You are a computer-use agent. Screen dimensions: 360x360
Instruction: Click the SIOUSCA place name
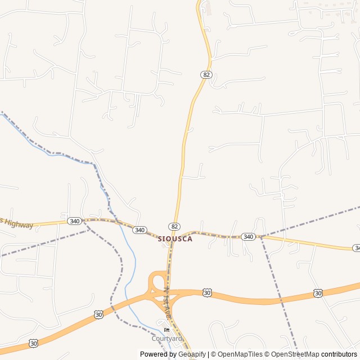pyautogui.click(x=175, y=238)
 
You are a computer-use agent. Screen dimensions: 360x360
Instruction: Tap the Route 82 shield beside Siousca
pyautogui.click(x=175, y=226)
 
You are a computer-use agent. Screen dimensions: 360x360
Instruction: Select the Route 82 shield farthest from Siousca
pyautogui.click(x=206, y=75)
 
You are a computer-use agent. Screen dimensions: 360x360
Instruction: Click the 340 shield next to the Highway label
pyautogui.click(x=74, y=221)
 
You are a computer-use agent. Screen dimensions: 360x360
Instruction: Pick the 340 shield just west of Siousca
pyautogui.click(x=140, y=230)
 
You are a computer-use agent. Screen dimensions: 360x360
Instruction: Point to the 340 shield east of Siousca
pyautogui.click(x=248, y=237)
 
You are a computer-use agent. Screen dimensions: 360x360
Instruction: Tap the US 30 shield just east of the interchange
pyautogui.click(x=207, y=292)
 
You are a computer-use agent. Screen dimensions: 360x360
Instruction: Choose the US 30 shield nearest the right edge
pyautogui.click(x=318, y=293)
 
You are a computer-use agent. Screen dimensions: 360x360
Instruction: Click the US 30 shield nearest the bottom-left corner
pyautogui.click(x=34, y=343)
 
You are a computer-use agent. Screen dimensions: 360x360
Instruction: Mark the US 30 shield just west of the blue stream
pyautogui.click(x=98, y=314)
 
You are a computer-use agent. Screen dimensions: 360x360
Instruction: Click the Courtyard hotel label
pyautogui.click(x=166, y=339)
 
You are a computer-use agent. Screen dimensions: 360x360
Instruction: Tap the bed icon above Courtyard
pyautogui.click(x=166, y=330)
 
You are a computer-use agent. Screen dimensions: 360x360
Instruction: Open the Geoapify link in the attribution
pyautogui.click(x=192, y=354)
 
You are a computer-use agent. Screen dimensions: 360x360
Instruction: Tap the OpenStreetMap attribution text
pyautogui.click(x=295, y=354)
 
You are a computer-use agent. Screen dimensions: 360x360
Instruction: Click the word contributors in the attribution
pyautogui.click(x=339, y=354)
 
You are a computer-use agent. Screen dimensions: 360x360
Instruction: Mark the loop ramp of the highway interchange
pyautogui.click(x=156, y=281)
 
